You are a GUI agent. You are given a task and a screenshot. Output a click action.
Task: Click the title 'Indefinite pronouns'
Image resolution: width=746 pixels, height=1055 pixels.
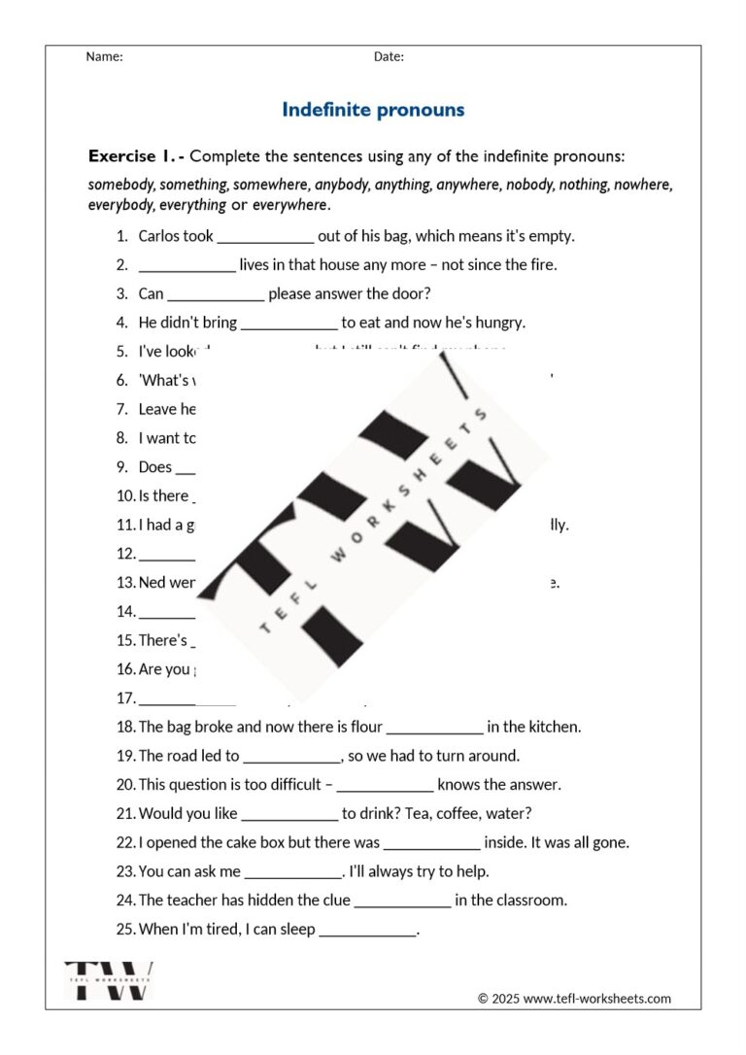point(373,110)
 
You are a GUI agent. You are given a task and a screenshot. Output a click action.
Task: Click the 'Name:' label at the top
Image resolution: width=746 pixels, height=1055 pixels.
point(104,56)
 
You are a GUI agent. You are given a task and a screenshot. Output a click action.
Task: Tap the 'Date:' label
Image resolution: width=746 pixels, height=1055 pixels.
point(389,56)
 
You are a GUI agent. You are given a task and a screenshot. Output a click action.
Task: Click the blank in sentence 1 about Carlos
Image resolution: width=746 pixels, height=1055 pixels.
point(265,236)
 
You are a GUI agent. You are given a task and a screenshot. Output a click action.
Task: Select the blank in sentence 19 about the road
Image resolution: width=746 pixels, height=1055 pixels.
point(291,756)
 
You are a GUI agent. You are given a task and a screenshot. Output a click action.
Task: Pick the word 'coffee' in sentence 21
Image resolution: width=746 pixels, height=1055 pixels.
point(460,814)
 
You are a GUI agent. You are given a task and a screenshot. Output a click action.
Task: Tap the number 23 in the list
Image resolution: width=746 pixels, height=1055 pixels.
point(125,871)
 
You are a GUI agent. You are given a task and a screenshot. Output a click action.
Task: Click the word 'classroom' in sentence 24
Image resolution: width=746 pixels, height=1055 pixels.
point(532,901)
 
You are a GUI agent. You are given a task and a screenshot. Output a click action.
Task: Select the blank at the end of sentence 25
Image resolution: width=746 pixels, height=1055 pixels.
point(367,930)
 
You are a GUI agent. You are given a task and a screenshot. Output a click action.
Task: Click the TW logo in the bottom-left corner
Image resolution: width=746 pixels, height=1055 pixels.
point(109,980)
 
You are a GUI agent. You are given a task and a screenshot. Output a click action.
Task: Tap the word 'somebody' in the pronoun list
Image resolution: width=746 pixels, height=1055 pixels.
point(121,184)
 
